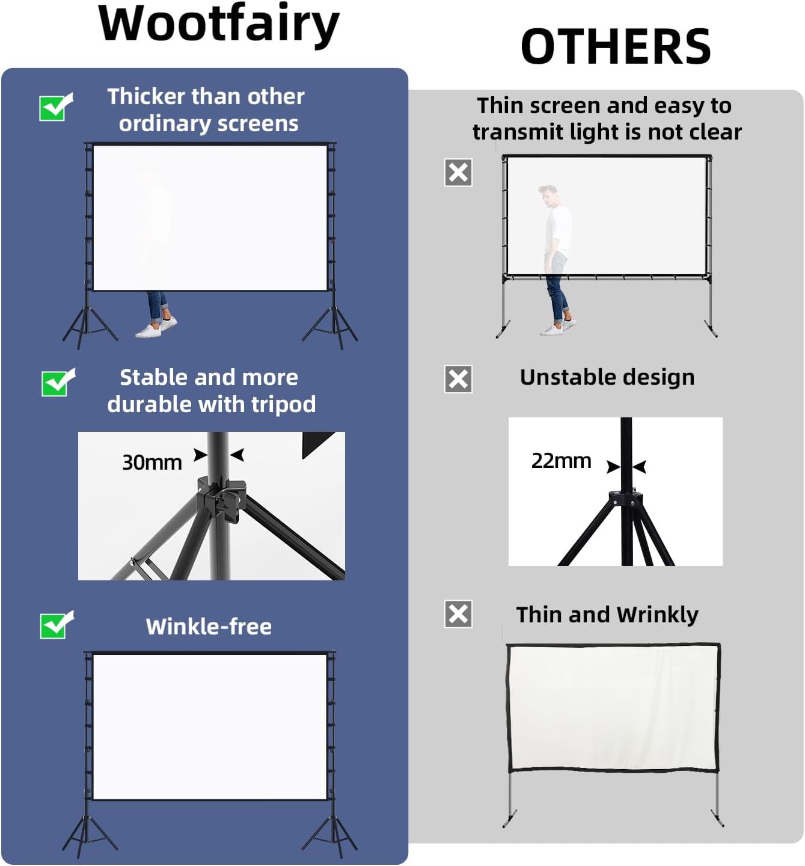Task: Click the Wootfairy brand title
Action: point(219,24)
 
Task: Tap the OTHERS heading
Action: point(615,47)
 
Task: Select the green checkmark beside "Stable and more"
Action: point(58,383)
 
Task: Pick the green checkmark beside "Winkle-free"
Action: point(56,625)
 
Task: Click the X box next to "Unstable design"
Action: point(458,379)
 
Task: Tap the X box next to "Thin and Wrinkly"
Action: point(458,614)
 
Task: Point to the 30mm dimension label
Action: point(152,462)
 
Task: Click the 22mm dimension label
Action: point(561,461)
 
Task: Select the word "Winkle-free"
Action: point(209,627)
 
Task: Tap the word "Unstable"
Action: point(560,377)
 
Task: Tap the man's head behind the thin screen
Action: point(548,195)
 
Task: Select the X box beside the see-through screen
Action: point(458,173)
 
